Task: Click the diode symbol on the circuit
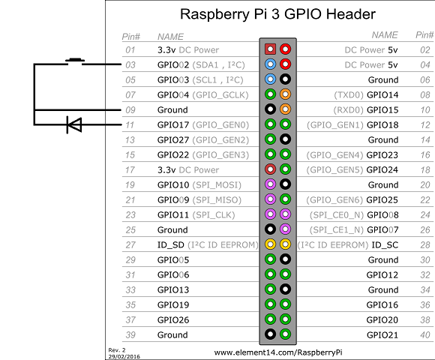(x=74, y=124)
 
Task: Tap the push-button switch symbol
(x=75, y=61)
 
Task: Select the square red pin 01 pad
(x=270, y=49)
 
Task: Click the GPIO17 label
(x=173, y=125)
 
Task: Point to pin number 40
(x=425, y=335)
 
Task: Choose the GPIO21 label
(x=382, y=335)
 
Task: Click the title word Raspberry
(x=214, y=14)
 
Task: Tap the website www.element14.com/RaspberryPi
(x=278, y=352)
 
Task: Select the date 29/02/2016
(x=124, y=357)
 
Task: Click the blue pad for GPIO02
(x=270, y=64)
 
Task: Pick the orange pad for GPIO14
(x=285, y=94)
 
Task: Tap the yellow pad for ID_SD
(x=270, y=244)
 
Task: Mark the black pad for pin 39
(x=270, y=334)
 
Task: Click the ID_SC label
(x=385, y=245)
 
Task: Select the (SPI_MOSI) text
(x=217, y=185)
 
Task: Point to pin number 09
(x=130, y=110)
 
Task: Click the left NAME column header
(x=170, y=37)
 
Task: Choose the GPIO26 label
(x=173, y=320)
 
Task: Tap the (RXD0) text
(x=349, y=110)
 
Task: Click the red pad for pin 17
(x=270, y=169)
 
